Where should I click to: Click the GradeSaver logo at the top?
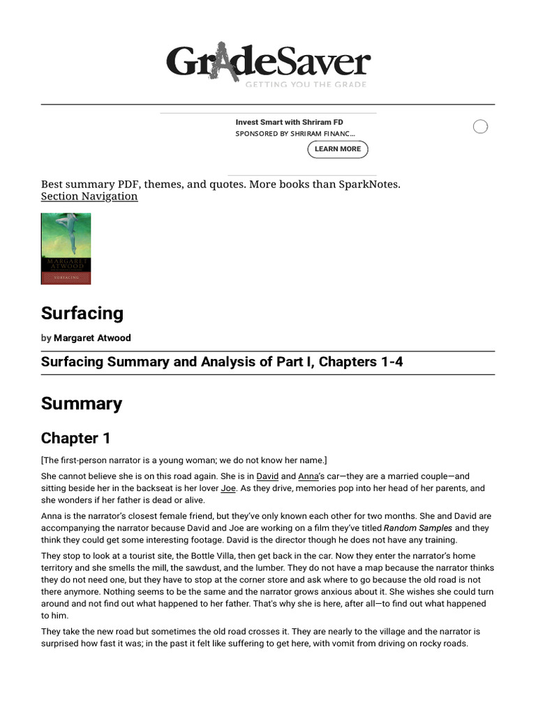[268, 63]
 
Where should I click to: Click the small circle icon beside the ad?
[480, 126]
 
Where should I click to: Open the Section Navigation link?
[89, 197]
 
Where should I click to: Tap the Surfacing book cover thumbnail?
[66, 248]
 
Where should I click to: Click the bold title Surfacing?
[82, 313]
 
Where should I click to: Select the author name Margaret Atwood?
[92, 338]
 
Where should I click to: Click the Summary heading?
[82, 404]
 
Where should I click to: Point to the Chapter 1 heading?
[75, 439]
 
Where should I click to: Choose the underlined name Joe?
[228, 489]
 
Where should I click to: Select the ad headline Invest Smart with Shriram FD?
[289, 122]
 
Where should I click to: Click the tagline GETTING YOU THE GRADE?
[305, 85]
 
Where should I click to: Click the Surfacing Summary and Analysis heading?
[222, 363]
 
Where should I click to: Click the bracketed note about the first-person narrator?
[184, 460]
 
